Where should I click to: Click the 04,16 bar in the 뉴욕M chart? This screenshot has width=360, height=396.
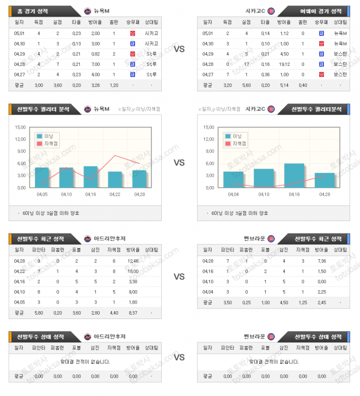[90, 177]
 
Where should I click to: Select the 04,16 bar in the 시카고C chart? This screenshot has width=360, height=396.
[294, 176]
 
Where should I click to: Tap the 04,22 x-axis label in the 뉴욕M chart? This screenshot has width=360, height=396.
[115, 194]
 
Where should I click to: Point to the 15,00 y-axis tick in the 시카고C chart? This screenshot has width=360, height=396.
[209, 127]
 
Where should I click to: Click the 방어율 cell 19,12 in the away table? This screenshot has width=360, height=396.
[283, 64]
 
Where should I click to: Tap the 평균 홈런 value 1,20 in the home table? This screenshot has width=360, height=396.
[114, 85]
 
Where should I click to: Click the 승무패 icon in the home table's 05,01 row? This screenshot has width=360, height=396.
[132, 33]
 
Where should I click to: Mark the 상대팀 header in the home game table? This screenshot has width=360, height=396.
[151, 22]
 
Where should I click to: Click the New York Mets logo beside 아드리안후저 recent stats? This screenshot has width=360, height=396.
[87, 239]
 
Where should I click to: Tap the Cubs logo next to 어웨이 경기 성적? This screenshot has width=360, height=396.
[270, 11]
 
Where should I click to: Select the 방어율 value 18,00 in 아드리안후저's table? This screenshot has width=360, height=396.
[132, 271]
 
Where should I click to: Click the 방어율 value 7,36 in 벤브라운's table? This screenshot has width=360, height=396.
[321, 261]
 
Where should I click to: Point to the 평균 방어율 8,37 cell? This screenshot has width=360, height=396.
[132, 313]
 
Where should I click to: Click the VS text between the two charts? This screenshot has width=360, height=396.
[179, 163]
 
